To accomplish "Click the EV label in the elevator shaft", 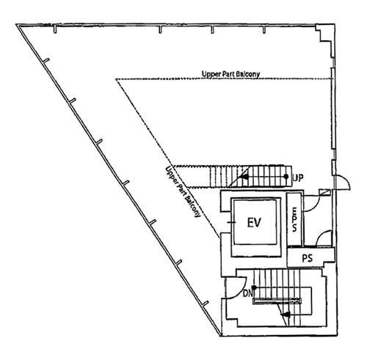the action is tap(254, 222).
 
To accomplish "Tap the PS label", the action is tap(308, 258).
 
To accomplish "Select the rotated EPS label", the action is tap(294, 219).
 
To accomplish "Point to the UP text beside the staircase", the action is tap(298, 177).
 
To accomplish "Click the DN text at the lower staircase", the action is tap(247, 293).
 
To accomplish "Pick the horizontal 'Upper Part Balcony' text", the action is tap(230, 74).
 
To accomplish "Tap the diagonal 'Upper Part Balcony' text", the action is tap(183, 191).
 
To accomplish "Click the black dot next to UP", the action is tap(286, 176).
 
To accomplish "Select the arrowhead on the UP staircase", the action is tap(244, 176).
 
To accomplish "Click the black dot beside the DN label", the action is tap(255, 287).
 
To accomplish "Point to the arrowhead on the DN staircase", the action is tap(286, 315).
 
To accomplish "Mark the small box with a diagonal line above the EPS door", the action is tap(325, 192).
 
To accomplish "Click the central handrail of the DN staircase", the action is tap(277, 301).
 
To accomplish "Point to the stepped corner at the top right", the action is tap(325, 41).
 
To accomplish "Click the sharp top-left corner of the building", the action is tap(17, 24).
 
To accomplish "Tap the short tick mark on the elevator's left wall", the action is tap(231, 222).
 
